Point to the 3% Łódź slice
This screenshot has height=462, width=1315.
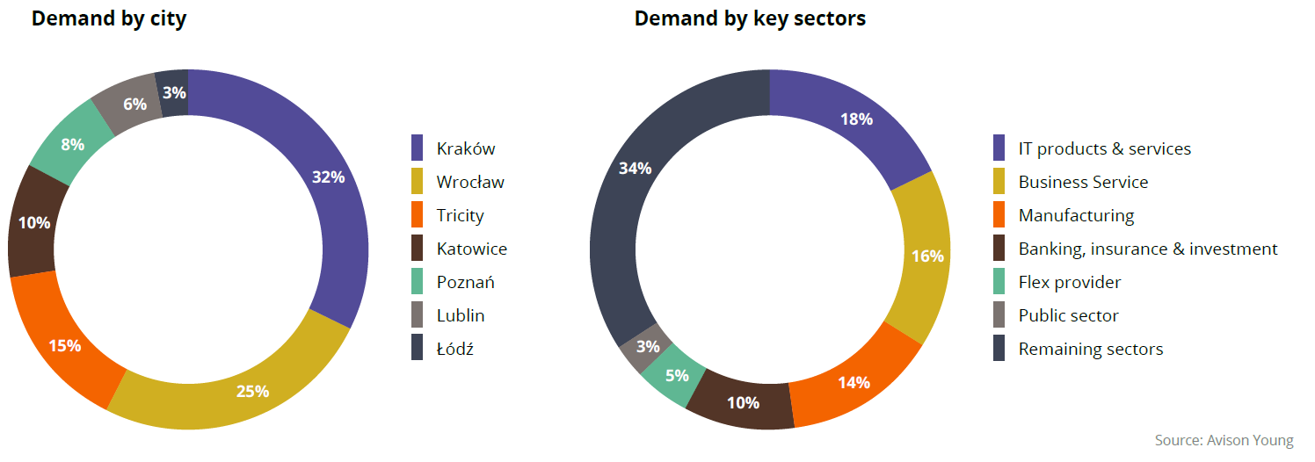point(174,90)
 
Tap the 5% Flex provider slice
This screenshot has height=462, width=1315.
point(677,376)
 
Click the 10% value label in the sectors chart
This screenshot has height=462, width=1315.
point(743,403)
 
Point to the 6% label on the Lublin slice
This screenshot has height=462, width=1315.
point(134,104)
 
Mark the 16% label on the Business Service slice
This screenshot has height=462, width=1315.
point(927,256)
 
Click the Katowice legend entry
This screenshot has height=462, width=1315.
point(471,249)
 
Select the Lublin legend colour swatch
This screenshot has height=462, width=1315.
point(418,315)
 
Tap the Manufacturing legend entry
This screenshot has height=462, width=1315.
point(1076,215)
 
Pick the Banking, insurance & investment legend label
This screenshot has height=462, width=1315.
point(1147,249)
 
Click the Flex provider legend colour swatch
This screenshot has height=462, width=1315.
point(999,282)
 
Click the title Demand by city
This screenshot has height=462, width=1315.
point(109,18)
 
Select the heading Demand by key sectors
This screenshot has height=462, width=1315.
point(750,18)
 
